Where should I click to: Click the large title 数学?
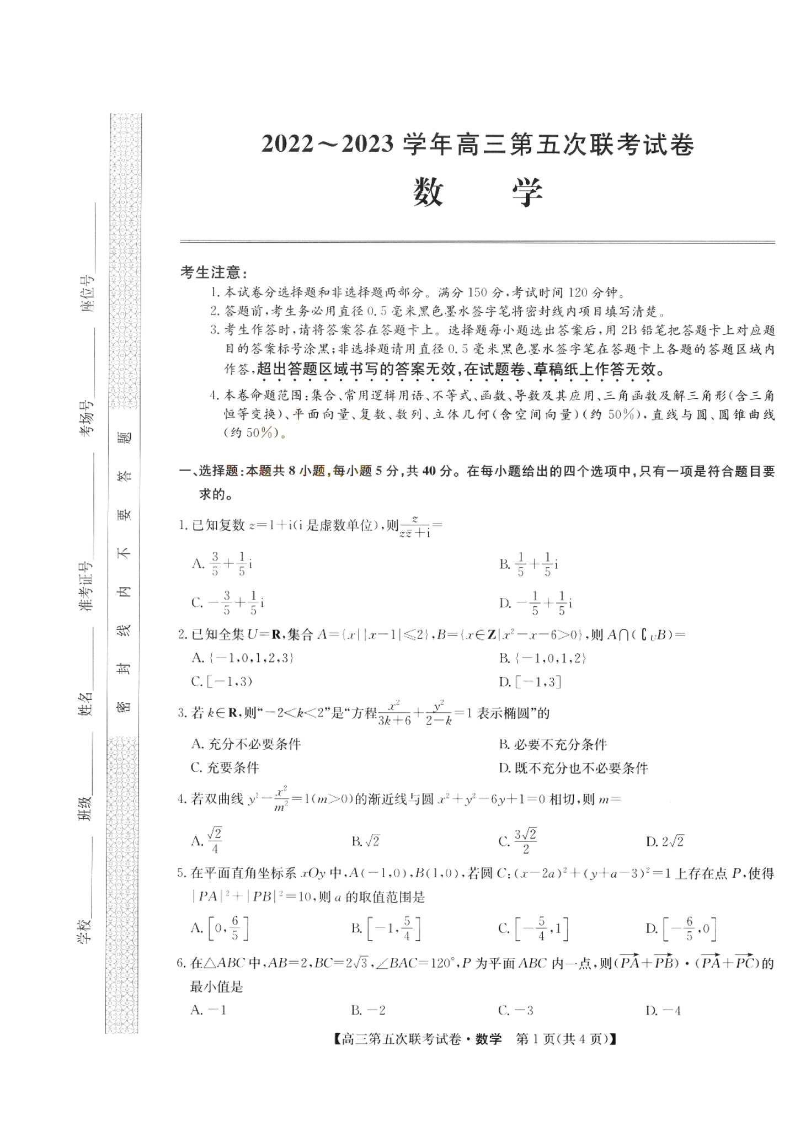coord(478,194)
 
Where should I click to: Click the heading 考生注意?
coord(214,273)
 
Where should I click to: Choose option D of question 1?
coord(535,602)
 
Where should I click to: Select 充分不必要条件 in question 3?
coord(246,744)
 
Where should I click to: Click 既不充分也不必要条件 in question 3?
coord(573,768)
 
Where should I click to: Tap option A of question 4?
coord(207,840)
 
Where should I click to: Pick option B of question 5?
coord(386,928)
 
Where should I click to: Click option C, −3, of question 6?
coord(515,1010)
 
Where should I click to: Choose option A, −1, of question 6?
coord(209,1010)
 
